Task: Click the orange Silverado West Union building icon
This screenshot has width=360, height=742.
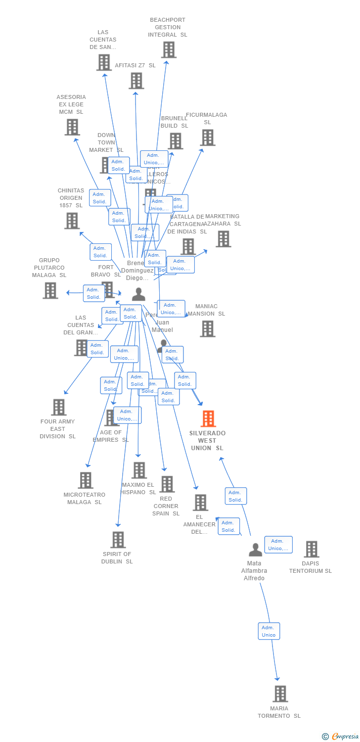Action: click(x=208, y=419)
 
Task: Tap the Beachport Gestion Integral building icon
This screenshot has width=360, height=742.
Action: click(x=169, y=50)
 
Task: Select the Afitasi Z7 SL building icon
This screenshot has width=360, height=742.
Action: click(x=136, y=81)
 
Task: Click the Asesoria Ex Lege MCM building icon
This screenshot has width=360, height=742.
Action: click(x=72, y=127)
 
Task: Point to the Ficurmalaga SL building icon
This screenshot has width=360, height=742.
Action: click(x=208, y=138)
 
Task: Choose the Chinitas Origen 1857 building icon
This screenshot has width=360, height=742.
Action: click(x=72, y=221)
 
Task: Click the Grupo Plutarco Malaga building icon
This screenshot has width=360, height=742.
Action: click(x=50, y=290)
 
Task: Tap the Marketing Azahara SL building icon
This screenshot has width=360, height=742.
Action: click(x=223, y=239)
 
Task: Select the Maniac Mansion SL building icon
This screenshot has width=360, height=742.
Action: click(x=208, y=328)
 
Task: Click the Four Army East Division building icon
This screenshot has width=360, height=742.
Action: click(x=59, y=407)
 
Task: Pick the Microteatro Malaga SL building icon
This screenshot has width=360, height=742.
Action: click(x=86, y=480)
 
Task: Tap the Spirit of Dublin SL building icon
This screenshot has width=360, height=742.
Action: click(x=118, y=540)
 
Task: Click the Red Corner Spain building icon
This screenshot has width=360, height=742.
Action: click(x=167, y=484)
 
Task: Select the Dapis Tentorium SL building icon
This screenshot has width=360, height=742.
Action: click(x=311, y=549)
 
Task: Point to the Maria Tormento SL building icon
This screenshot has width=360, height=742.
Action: click(x=280, y=694)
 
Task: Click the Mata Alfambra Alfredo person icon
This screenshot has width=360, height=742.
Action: click(x=255, y=550)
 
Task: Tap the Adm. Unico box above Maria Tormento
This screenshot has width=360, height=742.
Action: click(x=269, y=631)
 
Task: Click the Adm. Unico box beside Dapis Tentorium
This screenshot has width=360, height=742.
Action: click(x=278, y=545)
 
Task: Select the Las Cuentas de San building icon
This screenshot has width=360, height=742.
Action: click(x=104, y=62)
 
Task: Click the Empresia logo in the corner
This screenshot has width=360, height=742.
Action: click(x=341, y=737)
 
